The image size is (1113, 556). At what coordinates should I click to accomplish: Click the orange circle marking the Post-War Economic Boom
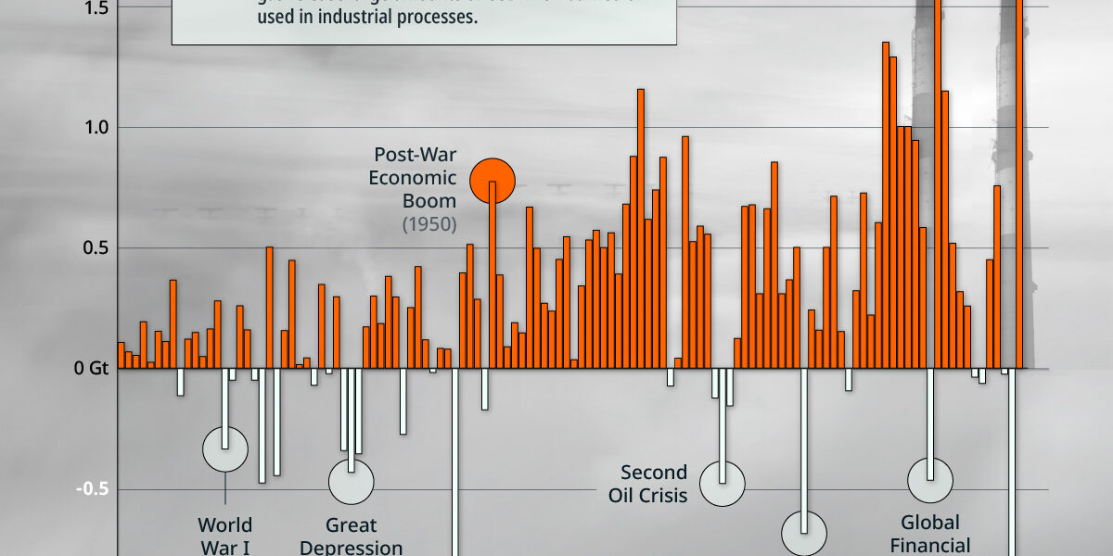(x=492, y=181)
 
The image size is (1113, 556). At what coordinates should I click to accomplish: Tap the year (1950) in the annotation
(x=429, y=224)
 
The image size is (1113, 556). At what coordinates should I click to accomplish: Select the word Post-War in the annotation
(x=416, y=155)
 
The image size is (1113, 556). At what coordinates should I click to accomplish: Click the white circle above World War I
(x=225, y=449)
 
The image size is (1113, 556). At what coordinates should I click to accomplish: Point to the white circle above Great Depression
(x=352, y=481)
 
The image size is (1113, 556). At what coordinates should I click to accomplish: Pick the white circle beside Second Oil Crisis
(x=723, y=483)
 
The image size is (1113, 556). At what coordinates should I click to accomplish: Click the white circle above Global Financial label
(x=930, y=481)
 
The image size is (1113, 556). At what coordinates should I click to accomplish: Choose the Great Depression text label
(x=352, y=537)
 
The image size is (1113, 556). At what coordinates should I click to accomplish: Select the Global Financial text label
(x=930, y=534)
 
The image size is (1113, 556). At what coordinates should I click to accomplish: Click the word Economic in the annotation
(x=413, y=178)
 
